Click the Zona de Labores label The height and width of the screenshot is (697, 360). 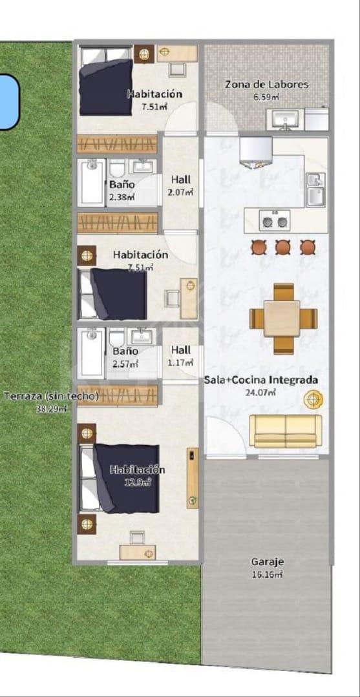click(x=266, y=84)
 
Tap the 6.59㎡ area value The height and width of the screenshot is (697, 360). click(x=266, y=96)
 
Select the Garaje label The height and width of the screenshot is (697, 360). click(x=267, y=562)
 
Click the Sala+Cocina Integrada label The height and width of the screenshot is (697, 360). click(x=260, y=380)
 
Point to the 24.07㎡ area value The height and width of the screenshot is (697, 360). click(x=260, y=392)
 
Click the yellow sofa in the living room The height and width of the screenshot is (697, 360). click(x=285, y=431)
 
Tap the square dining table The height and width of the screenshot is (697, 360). click(x=282, y=318)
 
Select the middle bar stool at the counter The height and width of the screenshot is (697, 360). click(x=282, y=247)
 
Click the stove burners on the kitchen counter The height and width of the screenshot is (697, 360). click(x=275, y=220)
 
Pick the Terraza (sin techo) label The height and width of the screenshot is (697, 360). click(x=50, y=397)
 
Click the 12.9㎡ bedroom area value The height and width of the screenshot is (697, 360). click(x=138, y=481)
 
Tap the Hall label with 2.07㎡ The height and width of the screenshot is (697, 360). click(x=181, y=180)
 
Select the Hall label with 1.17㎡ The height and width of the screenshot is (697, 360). click(x=181, y=350)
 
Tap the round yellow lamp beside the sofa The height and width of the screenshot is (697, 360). click(x=313, y=399)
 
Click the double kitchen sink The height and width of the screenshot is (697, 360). click(x=315, y=190)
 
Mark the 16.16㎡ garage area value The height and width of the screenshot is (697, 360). click(x=267, y=574)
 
